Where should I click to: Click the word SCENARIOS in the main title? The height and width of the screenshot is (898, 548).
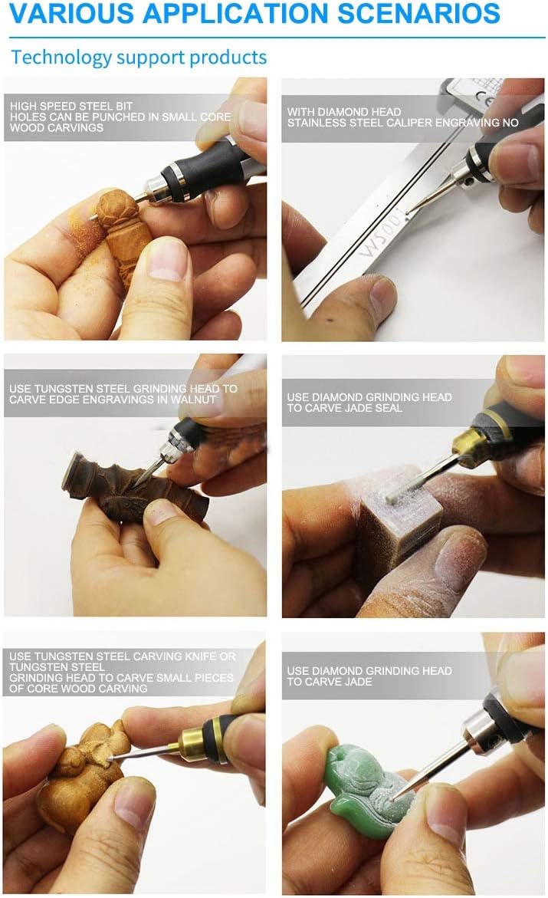coord(418,13)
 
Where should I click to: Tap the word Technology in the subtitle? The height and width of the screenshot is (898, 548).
coord(61,58)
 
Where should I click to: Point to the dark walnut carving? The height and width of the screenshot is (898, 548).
coord(135,486)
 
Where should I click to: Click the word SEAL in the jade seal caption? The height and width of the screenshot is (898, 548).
coord(389,408)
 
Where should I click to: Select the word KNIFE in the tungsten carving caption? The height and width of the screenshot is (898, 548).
coord(194,656)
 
